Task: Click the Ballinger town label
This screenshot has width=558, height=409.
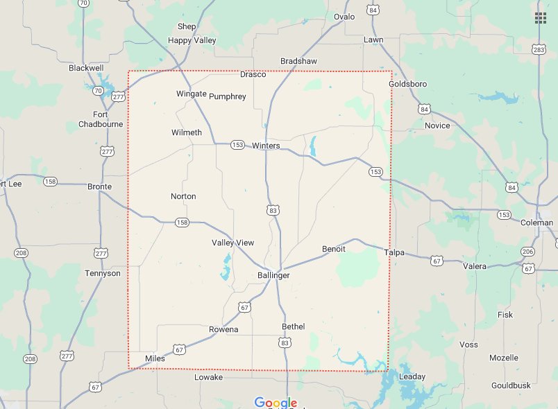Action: [x=273, y=275]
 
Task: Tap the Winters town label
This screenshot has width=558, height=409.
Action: [x=266, y=146]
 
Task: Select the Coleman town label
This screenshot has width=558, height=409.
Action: [x=537, y=223]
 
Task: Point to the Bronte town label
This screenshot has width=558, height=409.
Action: [x=100, y=186]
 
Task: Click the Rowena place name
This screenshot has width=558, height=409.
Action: [x=223, y=329]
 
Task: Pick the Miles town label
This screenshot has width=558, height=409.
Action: [x=155, y=358]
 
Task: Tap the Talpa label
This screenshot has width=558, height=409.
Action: [x=394, y=253]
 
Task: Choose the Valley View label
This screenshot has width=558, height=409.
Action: [x=232, y=243]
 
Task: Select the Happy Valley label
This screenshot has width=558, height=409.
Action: [x=192, y=40]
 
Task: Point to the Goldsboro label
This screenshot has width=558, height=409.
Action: [x=407, y=84]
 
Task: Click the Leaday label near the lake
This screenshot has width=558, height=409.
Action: [x=412, y=376]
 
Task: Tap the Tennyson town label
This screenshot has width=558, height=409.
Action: [x=102, y=273]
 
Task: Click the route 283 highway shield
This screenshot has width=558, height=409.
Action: [x=539, y=49]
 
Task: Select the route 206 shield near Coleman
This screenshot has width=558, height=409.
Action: [x=528, y=252]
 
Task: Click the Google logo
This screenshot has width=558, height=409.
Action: [x=276, y=402]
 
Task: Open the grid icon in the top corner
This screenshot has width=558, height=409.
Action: [x=540, y=18]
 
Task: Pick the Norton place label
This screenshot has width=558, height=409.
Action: [x=183, y=196]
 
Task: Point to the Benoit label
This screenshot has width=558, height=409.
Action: [x=334, y=249]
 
